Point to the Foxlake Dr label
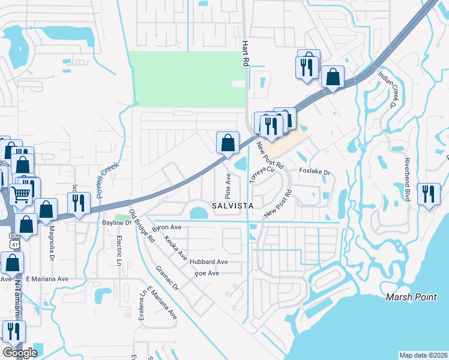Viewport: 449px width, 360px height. [x=315, y=172]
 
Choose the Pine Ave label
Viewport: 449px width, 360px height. [x=228, y=187]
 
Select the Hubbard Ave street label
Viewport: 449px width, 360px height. [x=209, y=262]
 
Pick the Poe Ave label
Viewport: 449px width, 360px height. [x=206, y=274]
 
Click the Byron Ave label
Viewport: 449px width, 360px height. [x=166, y=228]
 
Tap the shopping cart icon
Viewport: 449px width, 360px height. [x=22, y=194]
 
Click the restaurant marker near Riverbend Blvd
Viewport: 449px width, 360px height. [x=429, y=194]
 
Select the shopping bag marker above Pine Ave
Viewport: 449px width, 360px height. [x=228, y=143]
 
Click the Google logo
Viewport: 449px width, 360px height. [x=20, y=353]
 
